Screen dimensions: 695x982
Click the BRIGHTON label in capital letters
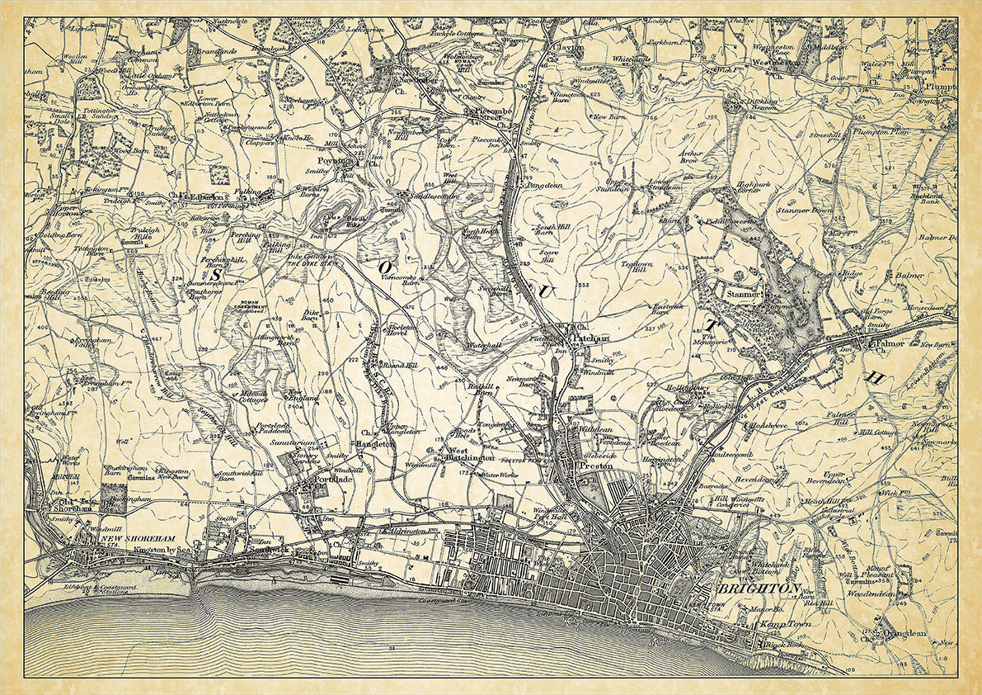(x=759, y=589)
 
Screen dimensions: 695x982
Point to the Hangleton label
(x=376, y=443)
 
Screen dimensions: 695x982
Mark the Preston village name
(x=599, y=466)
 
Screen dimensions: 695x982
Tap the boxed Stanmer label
(x=739, y=292)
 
